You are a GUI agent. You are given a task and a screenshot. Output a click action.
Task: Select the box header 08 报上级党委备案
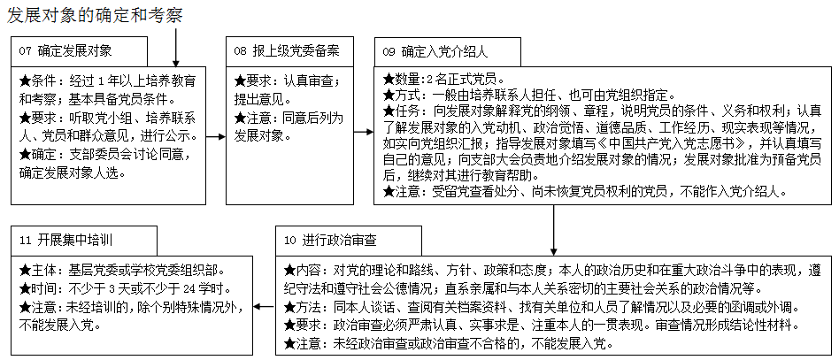click(x=287, y=50)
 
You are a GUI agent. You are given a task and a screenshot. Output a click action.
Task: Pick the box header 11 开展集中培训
click(x=67, y=240)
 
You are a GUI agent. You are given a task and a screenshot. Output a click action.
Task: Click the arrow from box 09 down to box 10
click(x=555, y=229)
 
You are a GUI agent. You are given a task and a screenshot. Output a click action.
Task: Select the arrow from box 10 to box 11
click(x=264, y=306)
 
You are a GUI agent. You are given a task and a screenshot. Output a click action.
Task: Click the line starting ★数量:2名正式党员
click(x=443, y=78)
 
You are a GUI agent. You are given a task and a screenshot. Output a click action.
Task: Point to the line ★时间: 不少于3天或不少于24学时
click(x=125, y=289)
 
